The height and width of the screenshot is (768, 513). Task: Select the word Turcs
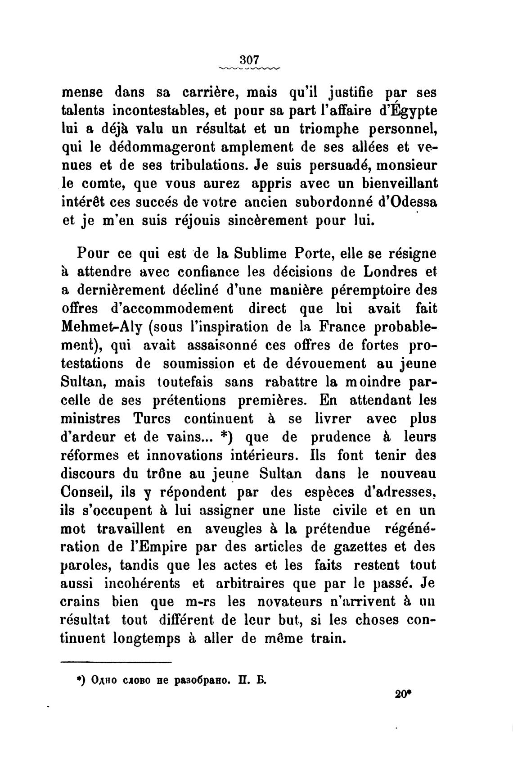[152, 419]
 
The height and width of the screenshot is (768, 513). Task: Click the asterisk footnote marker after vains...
[223, 436]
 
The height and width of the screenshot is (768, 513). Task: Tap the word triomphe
[328, 129]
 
